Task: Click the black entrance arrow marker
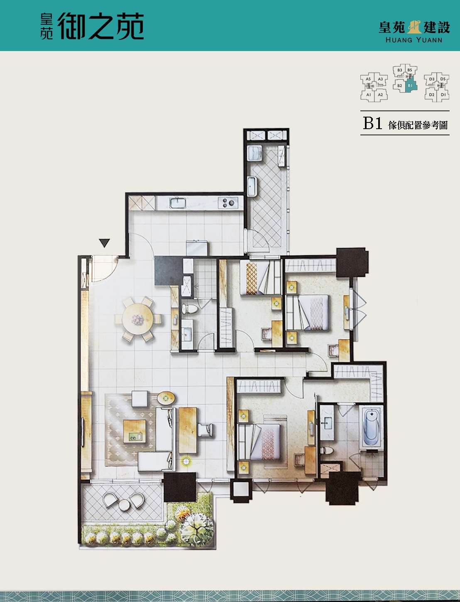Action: (104, 243)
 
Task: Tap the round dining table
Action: (137, 319)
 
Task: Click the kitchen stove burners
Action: (228, 203)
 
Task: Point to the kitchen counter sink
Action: (178, 203)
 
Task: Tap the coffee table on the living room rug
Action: (135, 431)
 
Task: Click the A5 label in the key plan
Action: (368, 79)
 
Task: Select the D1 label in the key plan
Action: (443, 95)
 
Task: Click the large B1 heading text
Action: (372, 123)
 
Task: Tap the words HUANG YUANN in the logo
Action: (414, 40)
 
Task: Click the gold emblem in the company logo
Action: (414, 27)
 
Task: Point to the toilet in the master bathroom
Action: (326, 450)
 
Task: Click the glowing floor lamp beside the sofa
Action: (186, 461)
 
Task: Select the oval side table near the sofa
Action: (166, 398)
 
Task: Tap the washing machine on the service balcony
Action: (254, 153)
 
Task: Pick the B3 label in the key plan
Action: (400, 70)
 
